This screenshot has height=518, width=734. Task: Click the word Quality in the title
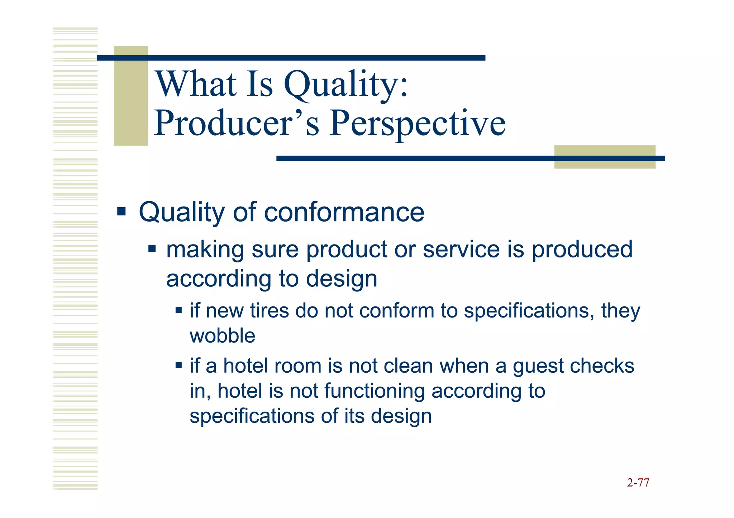(346, 85)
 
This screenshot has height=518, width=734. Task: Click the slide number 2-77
(638, 483)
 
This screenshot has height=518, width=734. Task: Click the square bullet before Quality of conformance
(121, 211)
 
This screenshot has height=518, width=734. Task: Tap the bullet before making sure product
(152, 248)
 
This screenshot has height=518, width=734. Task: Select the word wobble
(222, 336)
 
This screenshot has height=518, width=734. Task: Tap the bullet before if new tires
(178, 310)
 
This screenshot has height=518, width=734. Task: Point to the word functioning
(375, 391)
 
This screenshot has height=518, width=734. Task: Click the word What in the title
(197, 85)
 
